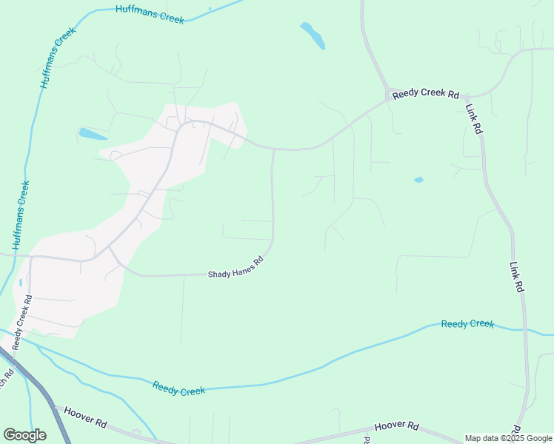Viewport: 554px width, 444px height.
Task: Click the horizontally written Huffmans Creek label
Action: pyautogui.click(x=150, y=14)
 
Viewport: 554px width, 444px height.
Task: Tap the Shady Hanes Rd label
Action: pyautogui.click(x=235, y=267)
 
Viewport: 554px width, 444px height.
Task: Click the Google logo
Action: pyautogui.click(x=24, y=435)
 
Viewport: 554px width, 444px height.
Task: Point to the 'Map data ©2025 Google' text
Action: pyautogui.click(x=509, y=438)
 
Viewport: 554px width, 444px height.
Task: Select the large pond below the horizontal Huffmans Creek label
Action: pyautogui.click(x=313, y=35)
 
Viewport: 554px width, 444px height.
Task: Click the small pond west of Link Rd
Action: pyautogui.click(x=418, y=180)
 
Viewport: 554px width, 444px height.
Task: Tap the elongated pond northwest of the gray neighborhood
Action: pyautogui.click(x=93, y=135)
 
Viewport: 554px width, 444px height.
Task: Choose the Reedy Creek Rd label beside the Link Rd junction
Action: pyautogui.click(x=426, y=95)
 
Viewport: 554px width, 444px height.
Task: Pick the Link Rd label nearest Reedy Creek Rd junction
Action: pyautogui.click(x=474, y=118)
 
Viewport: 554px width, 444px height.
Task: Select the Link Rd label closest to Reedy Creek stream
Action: pyautogui.click(x=517, y=277)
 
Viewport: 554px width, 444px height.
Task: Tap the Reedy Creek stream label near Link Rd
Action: pyautogui.click(x=467, y=324)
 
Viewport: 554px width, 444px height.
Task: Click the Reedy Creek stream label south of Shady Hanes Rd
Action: pyautogui.click(x=178, y=388)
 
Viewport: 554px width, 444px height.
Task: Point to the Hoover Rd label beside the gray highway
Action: pyautogui.click(x=85, y=419)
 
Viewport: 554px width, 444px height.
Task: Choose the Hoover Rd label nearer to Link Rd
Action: pyautogui.click(x=397, y=427)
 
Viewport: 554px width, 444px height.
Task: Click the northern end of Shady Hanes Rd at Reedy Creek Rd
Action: pyautogui.click(x=273, y=149)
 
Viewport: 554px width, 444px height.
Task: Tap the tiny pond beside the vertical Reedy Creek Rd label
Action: pyautogui.click(x=20, y=282)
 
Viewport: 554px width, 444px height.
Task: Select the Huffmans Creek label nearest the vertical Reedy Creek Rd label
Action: pyautogui.click(x=21, y=215)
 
